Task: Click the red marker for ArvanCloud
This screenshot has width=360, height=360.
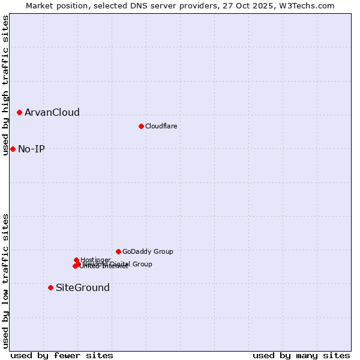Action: pos(20,112)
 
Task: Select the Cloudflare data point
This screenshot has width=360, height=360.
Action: pos(141,126)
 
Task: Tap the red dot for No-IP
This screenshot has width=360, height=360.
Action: pos(13,149)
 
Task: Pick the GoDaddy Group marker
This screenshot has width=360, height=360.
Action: pos(118,251)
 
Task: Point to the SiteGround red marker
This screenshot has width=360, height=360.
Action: pos(50,287)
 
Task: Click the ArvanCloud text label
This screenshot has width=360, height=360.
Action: pos(52,113)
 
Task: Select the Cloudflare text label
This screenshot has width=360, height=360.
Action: pos(161,126)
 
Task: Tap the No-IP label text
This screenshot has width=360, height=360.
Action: pos(31,149)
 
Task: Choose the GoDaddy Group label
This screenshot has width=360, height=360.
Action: pos(148,252)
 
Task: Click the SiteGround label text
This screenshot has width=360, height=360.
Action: pos(83,288)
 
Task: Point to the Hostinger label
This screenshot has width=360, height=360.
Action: pos(95,260)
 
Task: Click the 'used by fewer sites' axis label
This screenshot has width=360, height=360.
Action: pos(62,356)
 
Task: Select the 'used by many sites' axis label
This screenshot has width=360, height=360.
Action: pos(301,356)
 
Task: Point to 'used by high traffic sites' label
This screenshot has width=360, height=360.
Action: pos(5,85)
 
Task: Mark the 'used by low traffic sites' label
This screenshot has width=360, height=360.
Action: pos(5,281)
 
